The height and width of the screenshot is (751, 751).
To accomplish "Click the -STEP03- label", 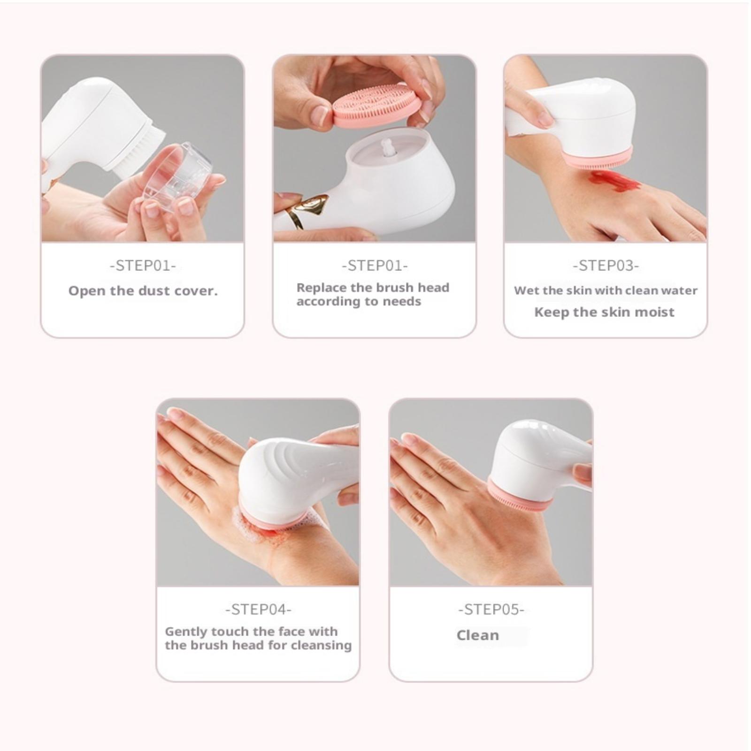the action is [x=605, y=266].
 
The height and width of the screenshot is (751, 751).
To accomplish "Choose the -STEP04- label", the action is [x=258, y=610].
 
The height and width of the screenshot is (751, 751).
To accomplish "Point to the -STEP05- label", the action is [x=491, y=610].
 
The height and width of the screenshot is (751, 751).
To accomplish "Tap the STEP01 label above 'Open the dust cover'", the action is [x=143, y=266].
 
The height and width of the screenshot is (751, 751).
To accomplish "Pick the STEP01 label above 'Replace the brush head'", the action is [x=375, y=266].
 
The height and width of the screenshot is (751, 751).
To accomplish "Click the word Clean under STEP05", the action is [x=478, y=636].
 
